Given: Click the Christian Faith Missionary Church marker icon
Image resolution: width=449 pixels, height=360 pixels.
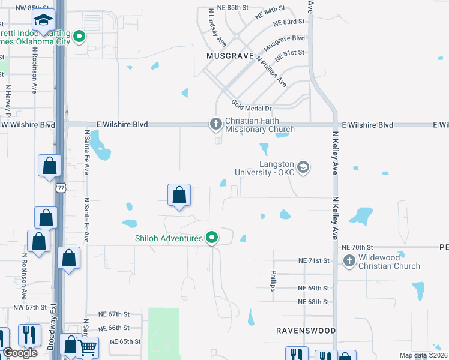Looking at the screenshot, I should [216, 124].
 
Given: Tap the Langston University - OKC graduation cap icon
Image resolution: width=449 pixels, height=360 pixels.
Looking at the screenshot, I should [303, 167].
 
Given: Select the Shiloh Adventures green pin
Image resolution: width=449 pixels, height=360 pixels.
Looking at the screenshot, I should [211, 238].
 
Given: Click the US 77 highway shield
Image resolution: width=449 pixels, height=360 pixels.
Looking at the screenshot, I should [61, 188].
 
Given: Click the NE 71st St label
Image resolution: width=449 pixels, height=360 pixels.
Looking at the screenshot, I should [314, 260].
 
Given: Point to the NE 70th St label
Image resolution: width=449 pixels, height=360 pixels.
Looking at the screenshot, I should [357, 247].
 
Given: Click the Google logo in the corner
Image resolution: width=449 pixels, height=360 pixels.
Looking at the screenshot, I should [20, 353].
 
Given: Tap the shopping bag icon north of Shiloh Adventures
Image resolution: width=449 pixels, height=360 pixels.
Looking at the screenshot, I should [179, 195].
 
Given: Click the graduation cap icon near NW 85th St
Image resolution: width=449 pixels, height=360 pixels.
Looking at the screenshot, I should [43, 21].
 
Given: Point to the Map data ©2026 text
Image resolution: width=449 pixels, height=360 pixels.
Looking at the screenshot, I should [423, 355].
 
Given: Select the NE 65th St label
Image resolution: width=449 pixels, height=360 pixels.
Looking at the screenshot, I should [125, 341].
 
